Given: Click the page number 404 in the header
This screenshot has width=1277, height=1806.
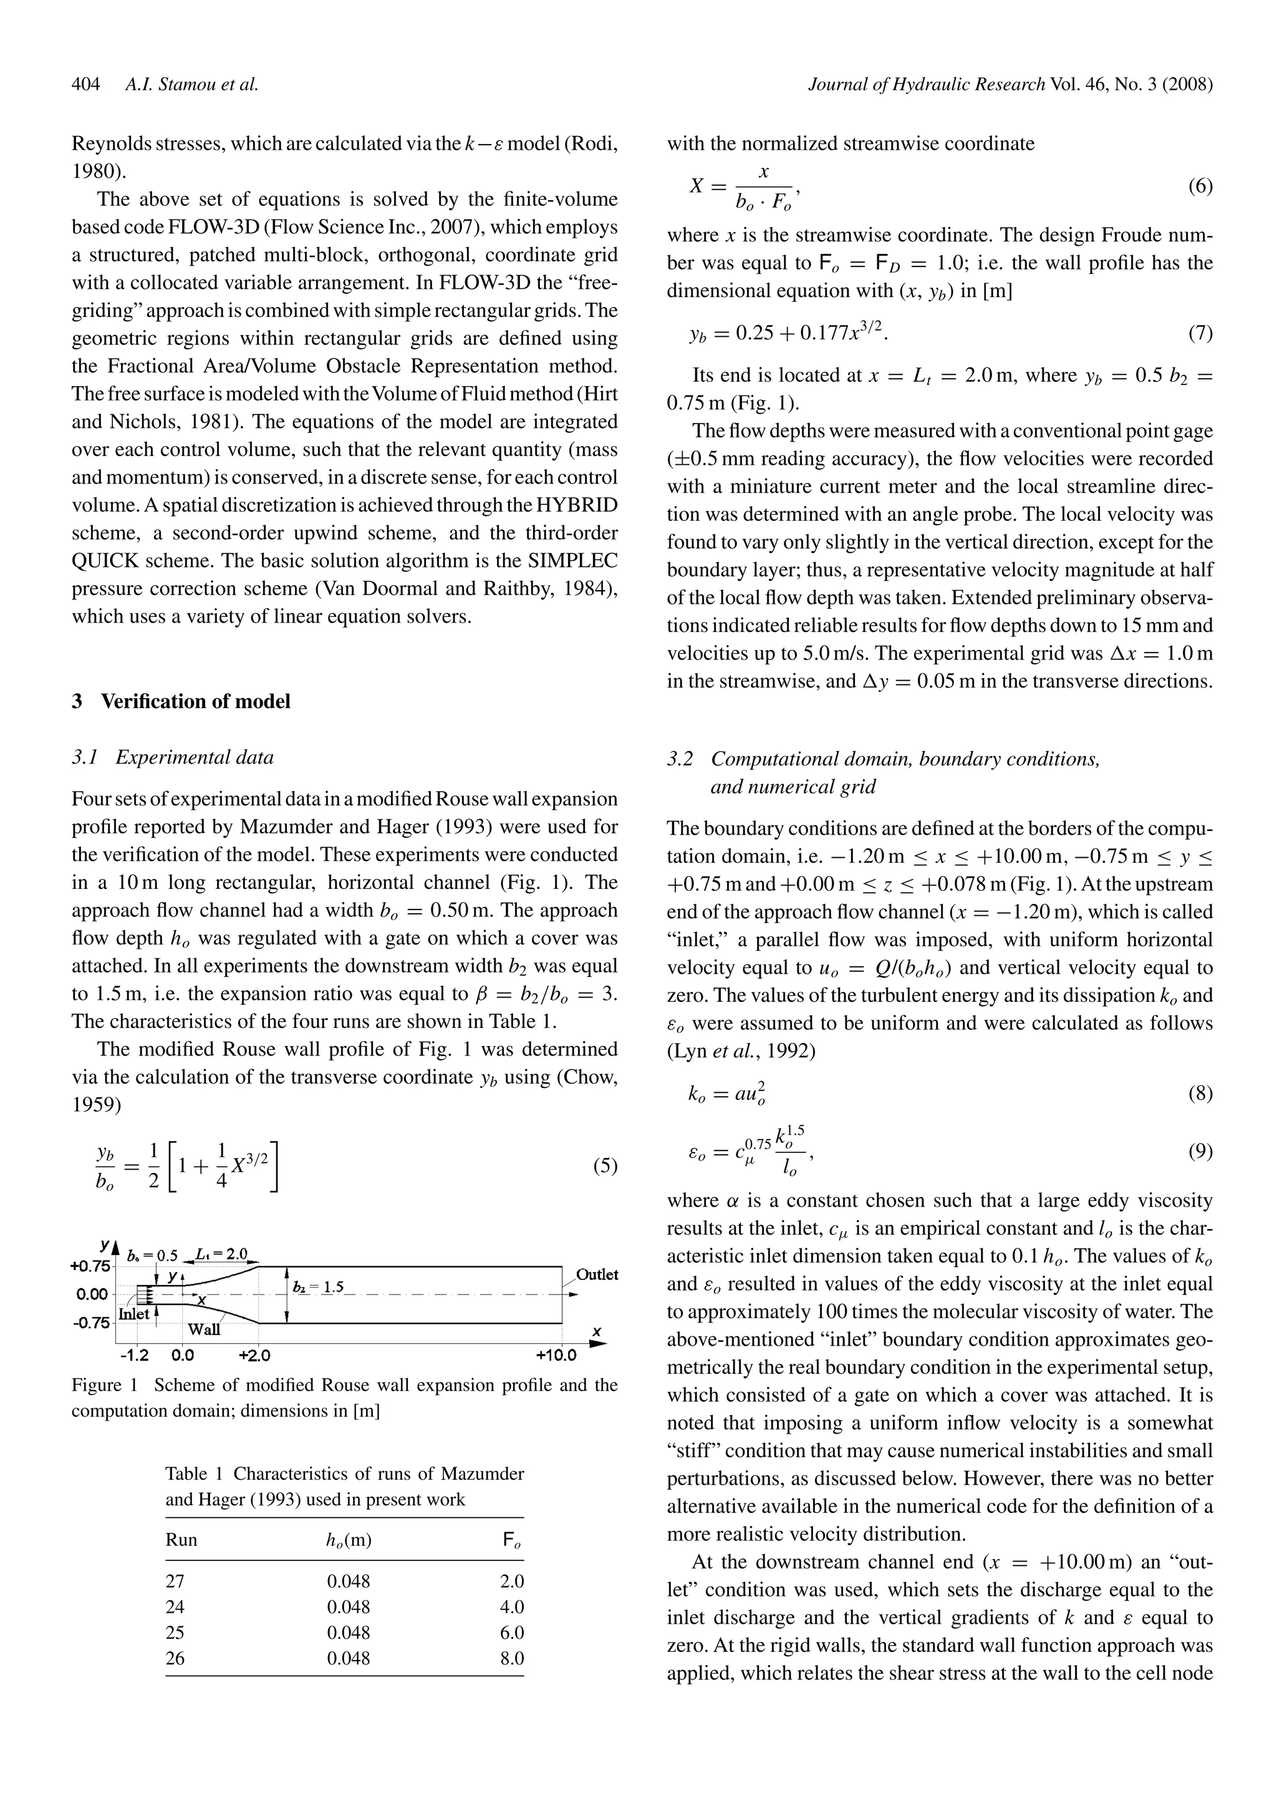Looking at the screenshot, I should click(x=85, y=84).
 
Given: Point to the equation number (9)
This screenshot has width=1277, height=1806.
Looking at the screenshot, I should click(x=1199, y=1152).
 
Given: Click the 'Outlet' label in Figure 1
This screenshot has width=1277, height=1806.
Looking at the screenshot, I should click(x=597, y=1274).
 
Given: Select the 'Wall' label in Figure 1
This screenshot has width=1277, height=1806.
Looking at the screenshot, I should click(x=204, y=1330).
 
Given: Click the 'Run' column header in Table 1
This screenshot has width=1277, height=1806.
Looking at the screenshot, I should click(x=181, y=1540).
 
